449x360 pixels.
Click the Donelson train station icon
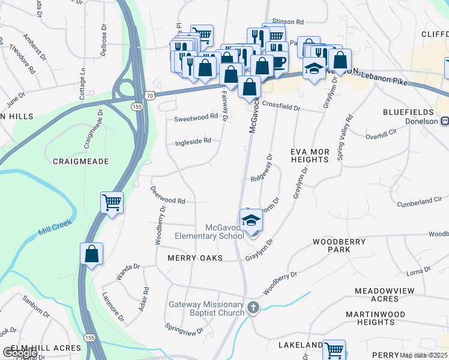(x=445, y=121)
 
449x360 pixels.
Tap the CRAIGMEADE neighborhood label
(x=80, y=161)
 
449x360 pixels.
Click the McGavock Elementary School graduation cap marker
(x=252, y=221)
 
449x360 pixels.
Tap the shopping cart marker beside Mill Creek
(x=112, y=203)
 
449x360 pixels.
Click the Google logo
(x=20, y=352)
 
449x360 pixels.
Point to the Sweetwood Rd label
(x=196, y=118)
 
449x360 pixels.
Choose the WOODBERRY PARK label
(x=339, y=245)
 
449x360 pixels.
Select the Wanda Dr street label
(x=128, y=271)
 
